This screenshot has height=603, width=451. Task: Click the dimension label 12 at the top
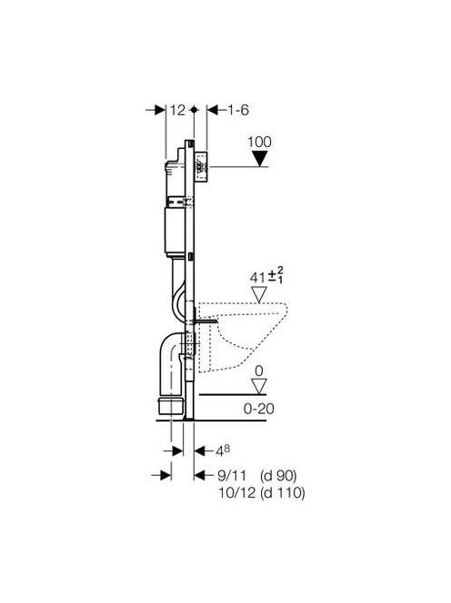tap(177, 111)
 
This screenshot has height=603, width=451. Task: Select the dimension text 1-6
tap(238, 111)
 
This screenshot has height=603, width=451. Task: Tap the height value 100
tap(259, 142)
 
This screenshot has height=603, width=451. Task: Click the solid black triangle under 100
tap(259, 158)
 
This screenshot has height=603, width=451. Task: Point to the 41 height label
tap(257, 277)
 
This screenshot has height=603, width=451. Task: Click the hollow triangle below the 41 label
tap(259, 294)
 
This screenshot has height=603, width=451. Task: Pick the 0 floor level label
tap(259, 371)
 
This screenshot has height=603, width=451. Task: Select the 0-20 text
tap(259, 409)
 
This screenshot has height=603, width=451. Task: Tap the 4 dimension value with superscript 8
tap(223, 451)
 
